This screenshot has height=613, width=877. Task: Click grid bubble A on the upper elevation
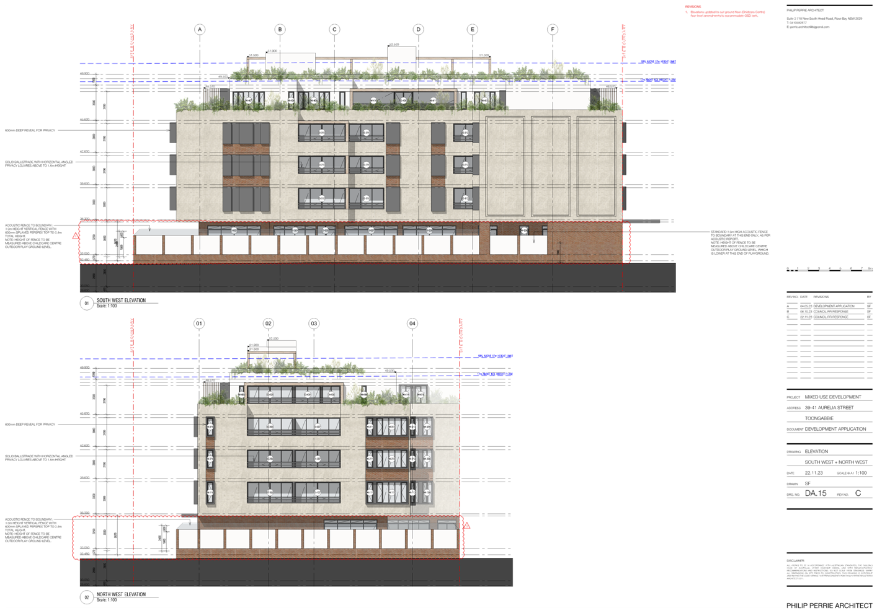[x=200, y=29]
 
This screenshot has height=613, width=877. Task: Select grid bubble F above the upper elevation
[x=552, y=29]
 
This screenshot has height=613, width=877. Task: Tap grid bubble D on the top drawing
[x=419, y=29]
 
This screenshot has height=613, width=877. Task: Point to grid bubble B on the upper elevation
[x=280, y=29]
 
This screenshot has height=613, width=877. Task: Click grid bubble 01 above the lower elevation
[x=199, y=323]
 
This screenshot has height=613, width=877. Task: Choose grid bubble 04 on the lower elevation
[x=412, y=323]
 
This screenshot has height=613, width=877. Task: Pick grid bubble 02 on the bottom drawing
[x=268, y=323]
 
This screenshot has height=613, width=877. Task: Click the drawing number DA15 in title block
[x=816, y=493]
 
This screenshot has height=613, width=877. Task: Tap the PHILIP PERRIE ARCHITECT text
[x=829, y=605]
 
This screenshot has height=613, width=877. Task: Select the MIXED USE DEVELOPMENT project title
[x=833, y=397]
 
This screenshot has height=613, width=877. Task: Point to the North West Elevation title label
[x=121, y=596]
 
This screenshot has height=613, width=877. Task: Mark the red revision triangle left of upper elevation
[x=76, y=236]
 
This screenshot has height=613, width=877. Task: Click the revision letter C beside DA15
[x=858, y=493]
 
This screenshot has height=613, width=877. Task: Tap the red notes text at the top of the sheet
[x=726, y=12]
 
